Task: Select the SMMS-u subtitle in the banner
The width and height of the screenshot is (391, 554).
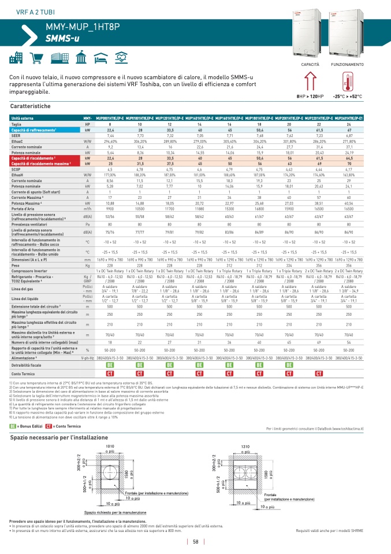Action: pyautogui.click(x=62, y=38)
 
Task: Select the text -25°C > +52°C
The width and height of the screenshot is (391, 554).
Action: pyautogui.click(x=346, y=96)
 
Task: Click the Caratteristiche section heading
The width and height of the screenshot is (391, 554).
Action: pyautogui.click(x=31, y=107)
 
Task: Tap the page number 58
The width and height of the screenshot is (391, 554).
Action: pyautogui.click(x=196, y=542)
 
